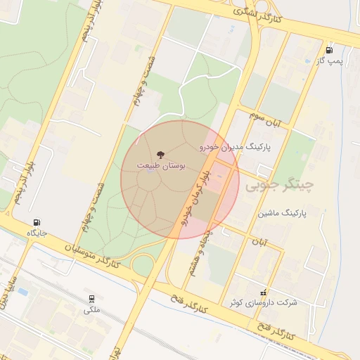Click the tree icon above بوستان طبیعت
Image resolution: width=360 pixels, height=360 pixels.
(161, 153)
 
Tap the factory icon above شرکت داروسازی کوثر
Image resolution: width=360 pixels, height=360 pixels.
(264, 291)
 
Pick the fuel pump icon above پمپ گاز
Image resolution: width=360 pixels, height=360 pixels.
(329, 50)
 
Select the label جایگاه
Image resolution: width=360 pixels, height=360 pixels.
(37, 232)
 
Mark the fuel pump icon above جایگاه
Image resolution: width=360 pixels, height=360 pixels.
(37, 221)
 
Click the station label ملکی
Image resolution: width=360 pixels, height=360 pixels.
(92, 309)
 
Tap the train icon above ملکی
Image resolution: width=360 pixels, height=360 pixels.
(92, 299)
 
